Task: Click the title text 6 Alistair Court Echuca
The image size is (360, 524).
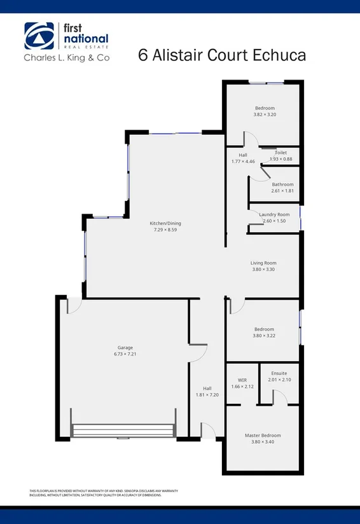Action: [x=222, y=55]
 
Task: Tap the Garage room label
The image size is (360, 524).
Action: [x=125, y=348]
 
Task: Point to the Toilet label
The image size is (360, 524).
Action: [x=280, y=153]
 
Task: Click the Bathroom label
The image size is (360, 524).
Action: [x=282, y=184]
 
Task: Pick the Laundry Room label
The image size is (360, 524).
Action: [x=274, y=214]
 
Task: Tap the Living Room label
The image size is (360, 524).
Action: [x=263, y=263]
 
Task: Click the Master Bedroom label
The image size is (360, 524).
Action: [x=263, y=436]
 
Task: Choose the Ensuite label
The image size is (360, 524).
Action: [x=279, y=373]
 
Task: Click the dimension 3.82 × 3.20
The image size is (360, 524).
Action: [x=265, y=114]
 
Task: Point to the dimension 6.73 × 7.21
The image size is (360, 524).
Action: [x=125, y=354]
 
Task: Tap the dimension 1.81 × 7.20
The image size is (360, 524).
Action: [x=207, y=395]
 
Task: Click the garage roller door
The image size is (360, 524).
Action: [x=123, y=431]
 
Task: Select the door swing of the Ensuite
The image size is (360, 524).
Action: [x=279, y=397]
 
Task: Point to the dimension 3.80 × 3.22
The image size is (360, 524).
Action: [x=264, y=335]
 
